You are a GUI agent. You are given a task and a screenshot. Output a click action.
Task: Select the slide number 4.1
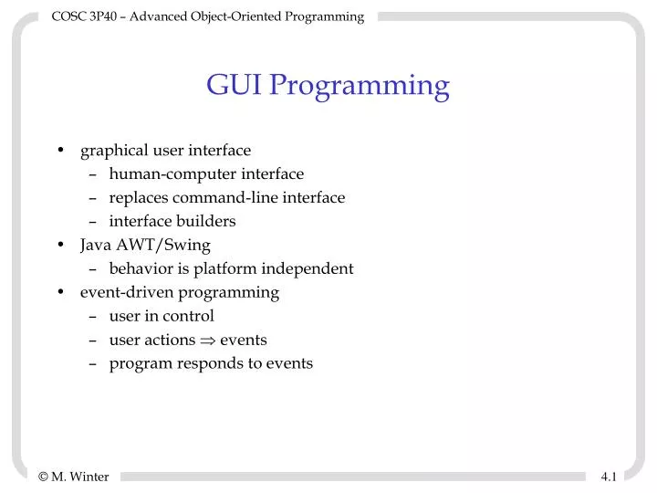[610, 476]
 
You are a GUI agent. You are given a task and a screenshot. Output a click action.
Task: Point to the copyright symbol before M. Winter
[44, 476]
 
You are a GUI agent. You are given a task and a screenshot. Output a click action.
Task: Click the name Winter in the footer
[89, 476]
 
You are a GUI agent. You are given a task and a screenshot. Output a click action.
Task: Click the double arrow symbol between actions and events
[207, 341]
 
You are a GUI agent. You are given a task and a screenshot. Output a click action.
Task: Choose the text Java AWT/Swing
[145, 245]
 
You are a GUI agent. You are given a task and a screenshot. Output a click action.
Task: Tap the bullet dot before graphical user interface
[59, 151]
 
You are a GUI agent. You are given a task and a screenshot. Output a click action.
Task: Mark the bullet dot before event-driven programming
[59, 293]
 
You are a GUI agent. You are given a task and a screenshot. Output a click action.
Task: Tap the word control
[188, 316]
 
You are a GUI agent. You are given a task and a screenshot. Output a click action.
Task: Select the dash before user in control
[95, 317]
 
